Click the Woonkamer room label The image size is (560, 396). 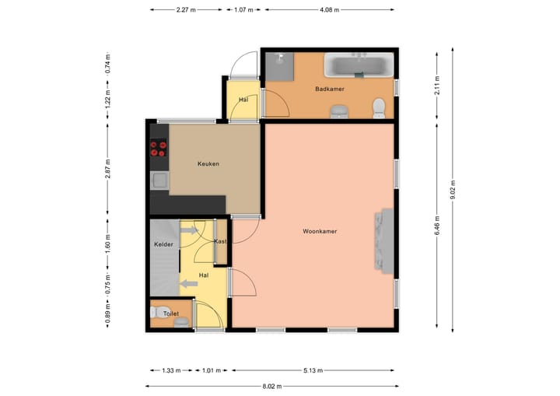(320, 231)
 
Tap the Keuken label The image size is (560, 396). (208, 164)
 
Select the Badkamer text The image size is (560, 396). (329, 89)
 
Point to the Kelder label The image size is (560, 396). (163, 245)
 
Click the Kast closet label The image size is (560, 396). (220, 242)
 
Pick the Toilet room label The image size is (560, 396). (170, 314)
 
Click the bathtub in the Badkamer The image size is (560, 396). (359, 65)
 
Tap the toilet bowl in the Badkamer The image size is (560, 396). (380, 107)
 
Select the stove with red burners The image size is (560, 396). (159, 148)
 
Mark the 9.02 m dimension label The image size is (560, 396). (453, 190)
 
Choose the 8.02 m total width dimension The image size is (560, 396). (273, 386)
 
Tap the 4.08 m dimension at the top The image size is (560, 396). (330, 10)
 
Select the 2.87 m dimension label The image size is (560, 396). (107, 170)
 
